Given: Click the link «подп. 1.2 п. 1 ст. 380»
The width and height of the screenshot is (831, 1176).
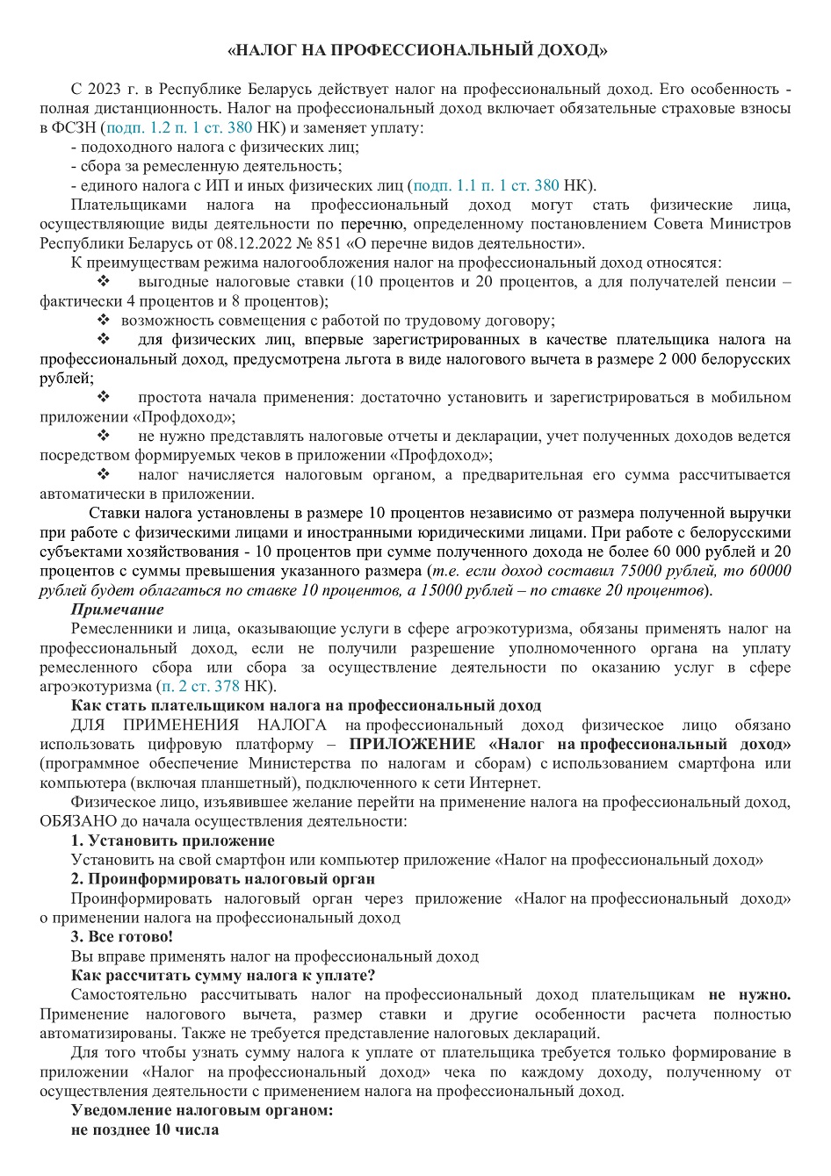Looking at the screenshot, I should [x=179, y=127].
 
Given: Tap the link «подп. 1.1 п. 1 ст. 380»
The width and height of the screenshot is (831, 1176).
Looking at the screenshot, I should [x=486, y=185].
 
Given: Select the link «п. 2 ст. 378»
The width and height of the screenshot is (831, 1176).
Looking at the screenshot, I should [x=197, y=686].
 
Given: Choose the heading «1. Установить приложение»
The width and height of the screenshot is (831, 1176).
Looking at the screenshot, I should [x=172, y=841].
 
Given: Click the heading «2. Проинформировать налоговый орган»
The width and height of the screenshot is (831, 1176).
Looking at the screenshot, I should [x=223, y=879].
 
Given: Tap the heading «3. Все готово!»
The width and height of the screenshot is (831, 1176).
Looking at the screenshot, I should [x=122, y=936].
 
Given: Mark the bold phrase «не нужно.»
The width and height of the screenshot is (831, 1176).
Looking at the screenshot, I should [x=749, y=994].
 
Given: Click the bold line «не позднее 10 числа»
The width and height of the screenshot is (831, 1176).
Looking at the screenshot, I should [x=145, y=1129].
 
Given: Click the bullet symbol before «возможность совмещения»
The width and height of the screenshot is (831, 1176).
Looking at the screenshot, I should [x=103, y=321].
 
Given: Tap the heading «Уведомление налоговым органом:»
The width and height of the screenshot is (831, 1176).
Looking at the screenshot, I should [x=201, y=1110].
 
